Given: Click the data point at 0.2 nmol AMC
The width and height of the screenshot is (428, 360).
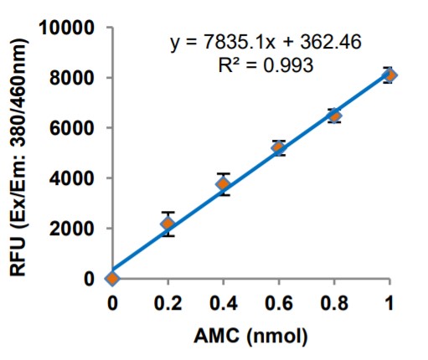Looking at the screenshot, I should [x=168, y=224].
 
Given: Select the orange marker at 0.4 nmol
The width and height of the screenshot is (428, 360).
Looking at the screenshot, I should [x=223, y=184].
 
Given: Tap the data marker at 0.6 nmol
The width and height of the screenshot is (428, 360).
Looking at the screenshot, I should [x=279, y=147].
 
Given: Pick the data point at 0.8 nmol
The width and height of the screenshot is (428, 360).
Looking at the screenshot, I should [x=334, y=116].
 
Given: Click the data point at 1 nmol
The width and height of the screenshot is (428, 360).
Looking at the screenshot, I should [x=389, y=75].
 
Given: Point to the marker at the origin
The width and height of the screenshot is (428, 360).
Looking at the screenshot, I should [x=112, y=278].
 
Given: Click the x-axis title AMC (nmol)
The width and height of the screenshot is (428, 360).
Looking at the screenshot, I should [x=251, y=337].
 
